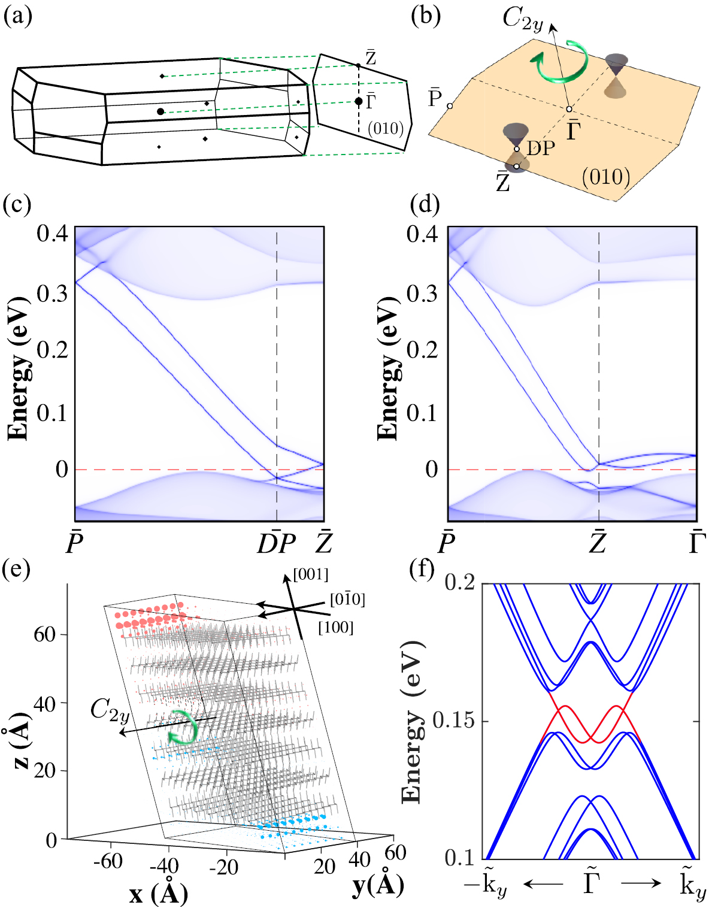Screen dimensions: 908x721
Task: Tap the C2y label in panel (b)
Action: click(x=522, y=19)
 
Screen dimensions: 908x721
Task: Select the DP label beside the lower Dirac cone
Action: click(x=541, y=148)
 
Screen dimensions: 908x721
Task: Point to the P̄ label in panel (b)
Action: click(x=435, y=98)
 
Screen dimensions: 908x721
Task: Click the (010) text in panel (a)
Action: click(x=385, y=128)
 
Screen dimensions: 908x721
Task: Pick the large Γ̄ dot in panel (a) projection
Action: click(x=358, y=101)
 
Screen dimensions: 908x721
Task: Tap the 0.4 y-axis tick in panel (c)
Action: click(x=53, y=234)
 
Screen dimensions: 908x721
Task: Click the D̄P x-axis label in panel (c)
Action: click(x=276, y=543)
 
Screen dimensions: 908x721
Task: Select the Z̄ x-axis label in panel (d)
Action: click(x=598, y=543)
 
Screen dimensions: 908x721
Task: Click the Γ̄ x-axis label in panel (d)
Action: click(x=696, y=543)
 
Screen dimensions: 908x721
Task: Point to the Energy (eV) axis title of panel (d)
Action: click(x=389, y=368)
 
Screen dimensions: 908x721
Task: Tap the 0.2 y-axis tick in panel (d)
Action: click(x=422, y=350)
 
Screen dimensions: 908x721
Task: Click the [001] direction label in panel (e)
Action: click(x=311, y=575)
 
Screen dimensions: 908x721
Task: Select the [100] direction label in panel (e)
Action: click(x=335, y=627)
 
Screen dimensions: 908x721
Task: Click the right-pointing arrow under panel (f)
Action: click(x=641, y=883)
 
